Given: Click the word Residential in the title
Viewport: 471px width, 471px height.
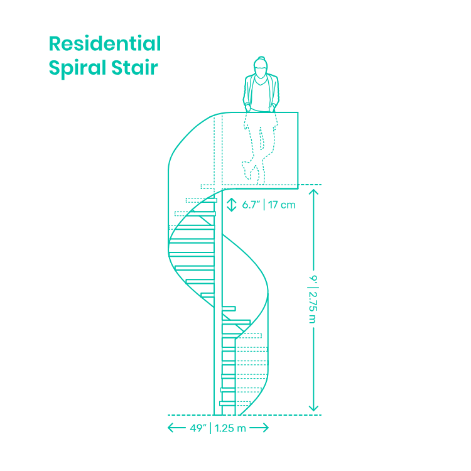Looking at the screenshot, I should (105, 45).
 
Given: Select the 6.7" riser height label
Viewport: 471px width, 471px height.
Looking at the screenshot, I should (251, 205).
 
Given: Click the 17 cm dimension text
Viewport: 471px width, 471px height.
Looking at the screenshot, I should (282, 205).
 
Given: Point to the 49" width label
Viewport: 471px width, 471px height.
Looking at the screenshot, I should (198, 428).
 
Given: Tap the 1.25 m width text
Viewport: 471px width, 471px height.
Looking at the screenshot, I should (230, 428).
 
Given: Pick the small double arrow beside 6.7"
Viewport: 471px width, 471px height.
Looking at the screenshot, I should (232, 205).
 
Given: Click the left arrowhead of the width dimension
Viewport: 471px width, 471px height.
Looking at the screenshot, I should (170, 428).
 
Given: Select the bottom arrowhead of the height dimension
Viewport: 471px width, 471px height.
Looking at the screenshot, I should (314, 409).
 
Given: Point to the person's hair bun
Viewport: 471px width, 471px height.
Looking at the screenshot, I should (261, 58).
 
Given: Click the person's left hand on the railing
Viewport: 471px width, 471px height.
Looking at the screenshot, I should (273, 109).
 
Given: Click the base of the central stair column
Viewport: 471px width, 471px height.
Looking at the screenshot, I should (228, 411).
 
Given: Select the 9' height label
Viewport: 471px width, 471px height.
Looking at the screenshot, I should (312, 278).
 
